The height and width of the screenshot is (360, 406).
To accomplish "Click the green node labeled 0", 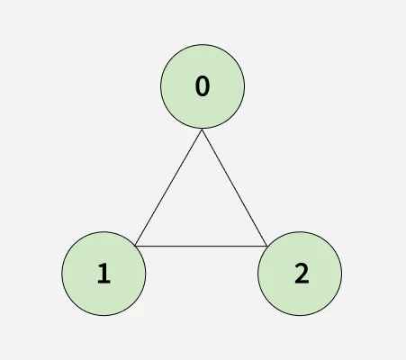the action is (x=203, y=86).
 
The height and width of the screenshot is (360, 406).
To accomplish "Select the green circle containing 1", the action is (x=104, y=274).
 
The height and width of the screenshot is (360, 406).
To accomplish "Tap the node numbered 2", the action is (x=300, y=274).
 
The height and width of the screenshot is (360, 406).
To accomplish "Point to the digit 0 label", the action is (x=203, y=86).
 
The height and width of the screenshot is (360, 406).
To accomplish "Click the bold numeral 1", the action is (x=104, y=274).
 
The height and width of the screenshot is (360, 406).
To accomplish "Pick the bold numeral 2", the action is (x=302, y=274).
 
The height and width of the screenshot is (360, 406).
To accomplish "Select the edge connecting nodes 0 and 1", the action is (x=168, y=187).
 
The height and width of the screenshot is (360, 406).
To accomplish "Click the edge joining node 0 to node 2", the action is (x=235, y=187).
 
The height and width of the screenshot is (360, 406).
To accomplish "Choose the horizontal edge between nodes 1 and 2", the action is (x=201, y=246).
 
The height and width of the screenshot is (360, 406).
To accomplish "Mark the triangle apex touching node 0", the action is (x=203, y=130).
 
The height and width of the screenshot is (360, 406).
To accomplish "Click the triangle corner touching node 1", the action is (x=136, y=246).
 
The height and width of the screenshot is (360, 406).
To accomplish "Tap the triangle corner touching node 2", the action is (x=266, y=246).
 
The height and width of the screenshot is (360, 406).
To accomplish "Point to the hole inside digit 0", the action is (x=203, y=86).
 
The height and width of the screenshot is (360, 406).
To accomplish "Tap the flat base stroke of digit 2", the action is (x=302, y=282).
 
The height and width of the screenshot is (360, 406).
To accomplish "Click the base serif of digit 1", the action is (x=104, y=282).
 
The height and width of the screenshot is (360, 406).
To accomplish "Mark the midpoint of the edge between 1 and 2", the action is (x=201, y=246).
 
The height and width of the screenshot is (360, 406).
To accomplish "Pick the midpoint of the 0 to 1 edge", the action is (x=168, y=187).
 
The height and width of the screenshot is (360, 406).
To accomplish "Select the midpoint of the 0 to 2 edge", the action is (x=235, y=187).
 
